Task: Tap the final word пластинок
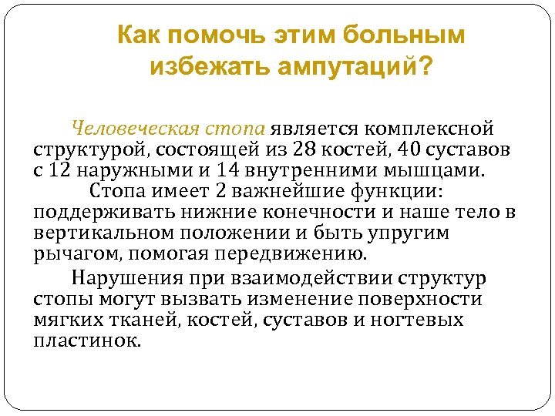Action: pos(87,341)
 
